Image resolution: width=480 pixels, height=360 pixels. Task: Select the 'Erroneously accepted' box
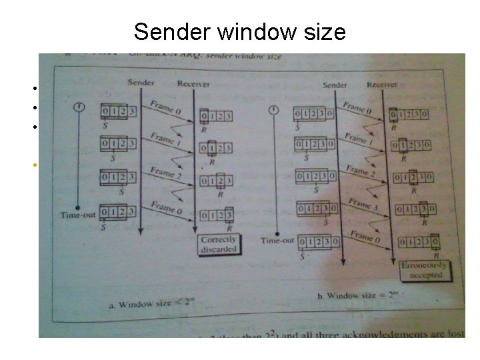(421, 270)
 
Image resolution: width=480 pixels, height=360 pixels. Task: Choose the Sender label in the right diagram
(335, 85)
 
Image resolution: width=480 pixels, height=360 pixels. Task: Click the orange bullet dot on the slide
(32, 163)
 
